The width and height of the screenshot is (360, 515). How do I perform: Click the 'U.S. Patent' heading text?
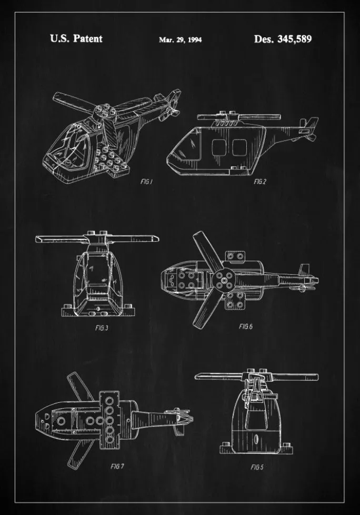76,38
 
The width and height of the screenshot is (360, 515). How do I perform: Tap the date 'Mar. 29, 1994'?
180,39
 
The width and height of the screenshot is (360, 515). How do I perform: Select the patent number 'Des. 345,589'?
283,39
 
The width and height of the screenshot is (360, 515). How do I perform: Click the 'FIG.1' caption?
146,181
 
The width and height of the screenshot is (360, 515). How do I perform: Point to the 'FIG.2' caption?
260,181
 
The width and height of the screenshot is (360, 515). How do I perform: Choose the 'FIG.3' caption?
102,328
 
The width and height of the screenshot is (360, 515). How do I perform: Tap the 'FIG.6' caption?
245,326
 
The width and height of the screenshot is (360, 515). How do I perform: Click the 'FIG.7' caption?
117,466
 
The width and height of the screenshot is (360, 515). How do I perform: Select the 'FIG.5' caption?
257,467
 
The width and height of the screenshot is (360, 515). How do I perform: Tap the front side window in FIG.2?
218,147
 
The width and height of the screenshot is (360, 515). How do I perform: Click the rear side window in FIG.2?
239,147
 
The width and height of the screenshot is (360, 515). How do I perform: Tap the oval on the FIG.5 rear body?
256,439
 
